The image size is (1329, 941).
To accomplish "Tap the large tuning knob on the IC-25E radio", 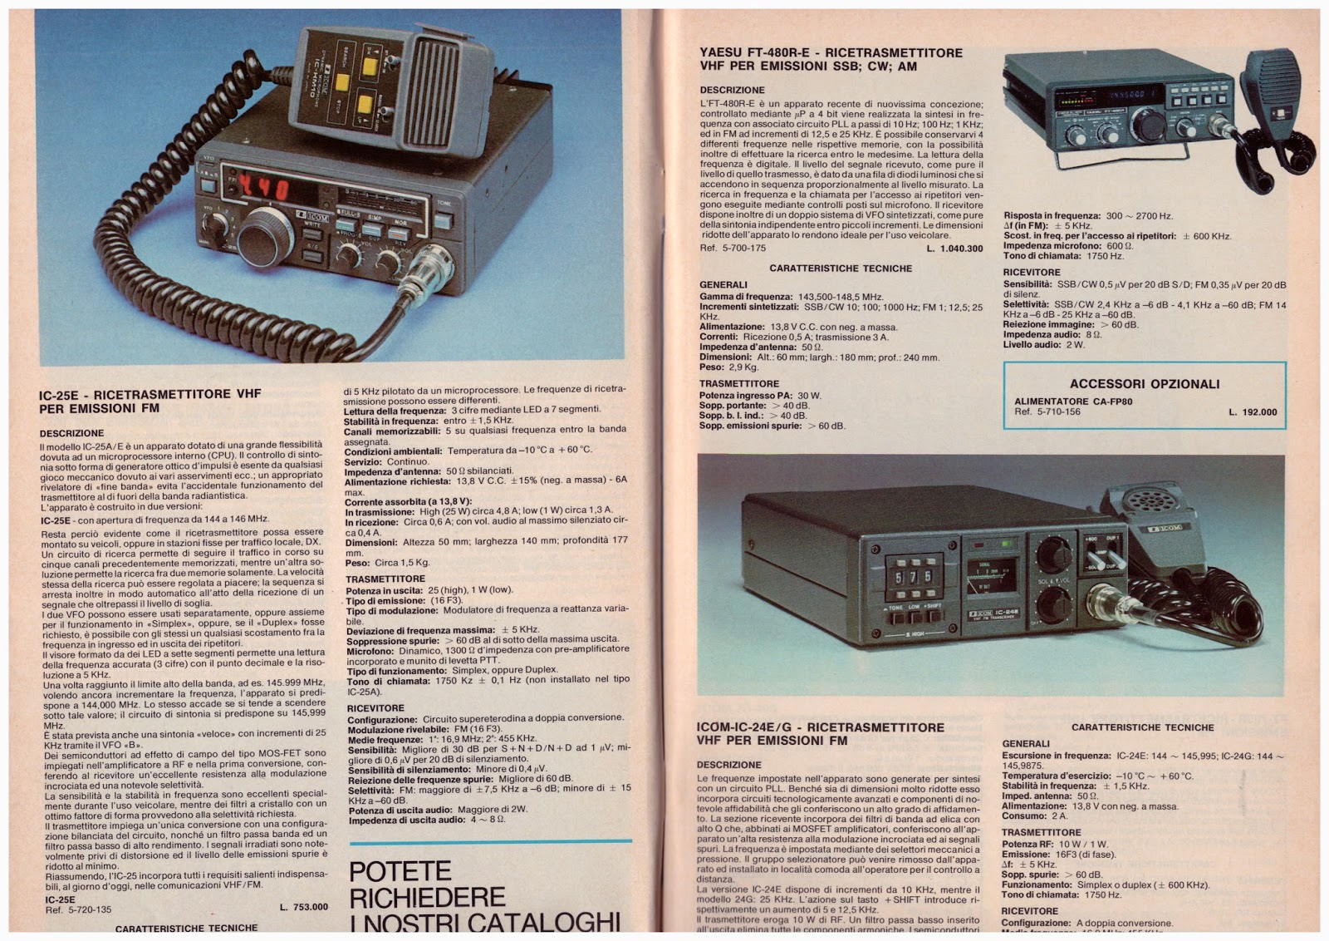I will pos(266,237).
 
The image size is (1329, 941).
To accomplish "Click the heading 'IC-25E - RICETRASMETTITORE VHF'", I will pos(150,394).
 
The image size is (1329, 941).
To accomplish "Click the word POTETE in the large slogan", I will pos(400,871).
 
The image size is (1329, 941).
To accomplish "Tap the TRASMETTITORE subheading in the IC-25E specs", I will pos(385,579).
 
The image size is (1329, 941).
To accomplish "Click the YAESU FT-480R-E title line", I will pos(831,53).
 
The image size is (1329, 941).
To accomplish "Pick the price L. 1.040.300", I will pos(954,249).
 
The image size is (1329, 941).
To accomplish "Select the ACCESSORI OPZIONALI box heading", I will pos(1145,384).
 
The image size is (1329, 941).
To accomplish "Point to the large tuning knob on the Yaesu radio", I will pos(1149,125).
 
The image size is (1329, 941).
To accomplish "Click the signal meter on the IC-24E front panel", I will pos(993,574).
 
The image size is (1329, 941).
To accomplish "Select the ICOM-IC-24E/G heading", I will pos(820,727).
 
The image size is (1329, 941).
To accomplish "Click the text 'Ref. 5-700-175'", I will pos(733,249).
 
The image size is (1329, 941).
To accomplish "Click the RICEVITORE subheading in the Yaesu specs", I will pos(1031,273).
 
